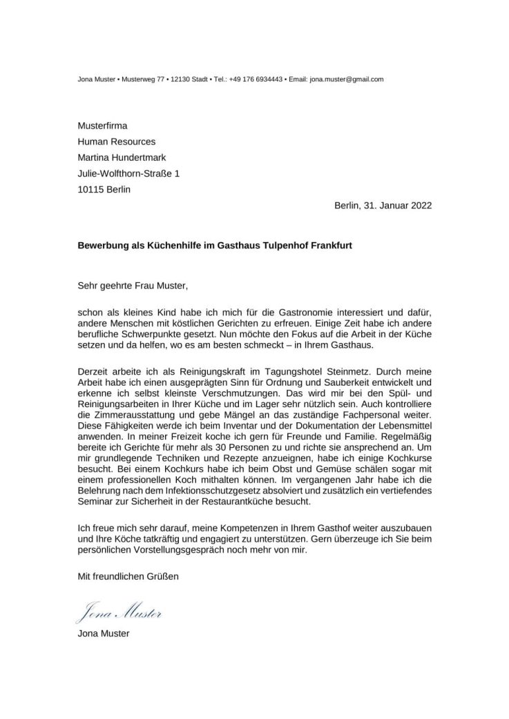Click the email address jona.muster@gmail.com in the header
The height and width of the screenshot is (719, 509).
346,79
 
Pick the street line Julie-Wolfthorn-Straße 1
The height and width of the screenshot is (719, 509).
128,173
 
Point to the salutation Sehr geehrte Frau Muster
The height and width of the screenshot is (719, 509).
132,284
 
